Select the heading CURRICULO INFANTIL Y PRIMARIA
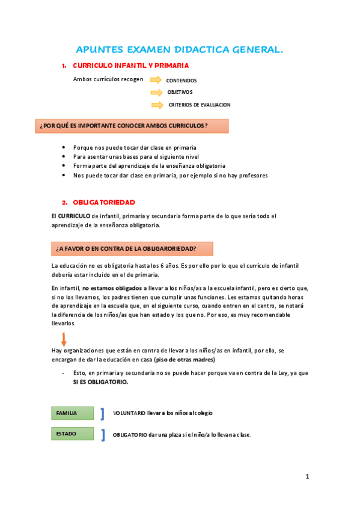pos(130,66)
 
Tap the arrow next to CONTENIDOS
pos(156,79)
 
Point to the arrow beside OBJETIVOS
pos(156,92)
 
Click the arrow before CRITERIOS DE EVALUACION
pos(157,105)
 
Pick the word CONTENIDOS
pos(182,80)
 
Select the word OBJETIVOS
pos(180,92)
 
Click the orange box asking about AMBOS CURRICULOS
pos(132,126)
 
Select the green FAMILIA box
pos(72,413)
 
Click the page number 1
pos(307,477)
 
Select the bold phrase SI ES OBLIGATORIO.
pos(100,381)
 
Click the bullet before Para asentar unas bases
pos(65,156)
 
